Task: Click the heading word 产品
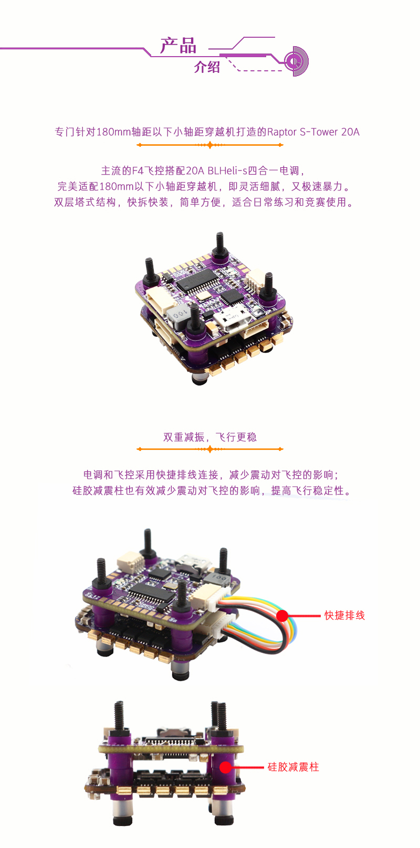[178, 46]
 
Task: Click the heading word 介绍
[207, 67]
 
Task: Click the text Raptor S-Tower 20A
[313, 132]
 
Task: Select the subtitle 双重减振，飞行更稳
[210, 437]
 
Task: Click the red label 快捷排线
[344, 615]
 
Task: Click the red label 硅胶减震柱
[293, 767]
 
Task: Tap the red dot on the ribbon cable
[282, 616]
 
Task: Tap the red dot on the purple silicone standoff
[226, 767]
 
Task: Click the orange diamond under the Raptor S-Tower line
[210, 145]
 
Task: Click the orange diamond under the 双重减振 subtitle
[210, 449]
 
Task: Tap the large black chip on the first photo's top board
[197, 282]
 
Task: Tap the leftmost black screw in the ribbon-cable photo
[101, 572]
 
